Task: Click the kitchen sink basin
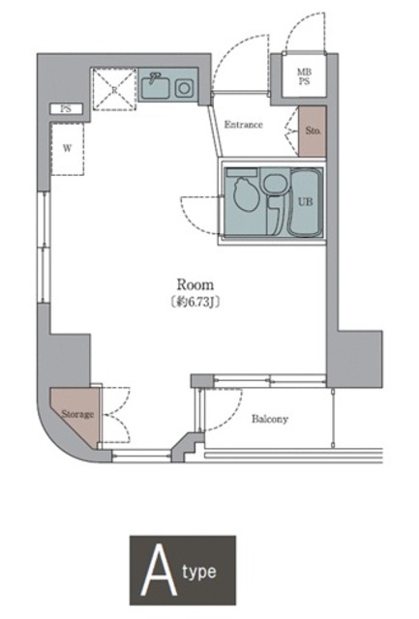[x=157, y=87]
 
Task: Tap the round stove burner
[x=184, y=88]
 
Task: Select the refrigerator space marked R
[x=114, y=90]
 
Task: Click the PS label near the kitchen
[x=66, y=108]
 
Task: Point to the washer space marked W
[x=67, y=149]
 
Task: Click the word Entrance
[x=243, y=125]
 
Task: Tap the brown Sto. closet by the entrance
[x=312, y=132]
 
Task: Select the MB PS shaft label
[x=304, y=77]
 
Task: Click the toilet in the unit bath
[x=245, y=193]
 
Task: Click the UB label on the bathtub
[x=305, y=202]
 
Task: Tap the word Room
[x=195, y=284]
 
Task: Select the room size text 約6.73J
[x=195, y=303]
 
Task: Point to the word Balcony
[x=270, y=419]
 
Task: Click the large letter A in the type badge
[x=159, y=571]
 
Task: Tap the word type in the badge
[x=199, y=573]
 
